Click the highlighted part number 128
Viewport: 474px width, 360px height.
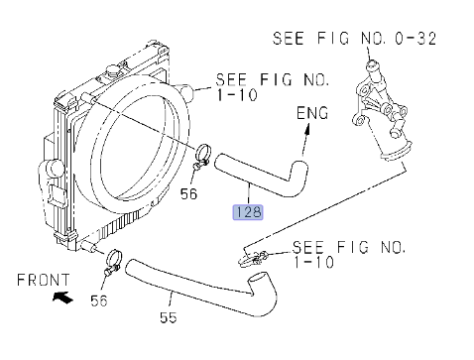pos(248,212)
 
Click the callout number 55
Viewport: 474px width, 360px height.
pos(169,317)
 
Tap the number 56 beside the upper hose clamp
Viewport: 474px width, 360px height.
pos(188,193)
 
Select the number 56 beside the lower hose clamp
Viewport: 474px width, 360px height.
pos(99,300)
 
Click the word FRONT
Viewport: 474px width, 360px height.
pos(44,280)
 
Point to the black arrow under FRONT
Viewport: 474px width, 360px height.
pos(62,297)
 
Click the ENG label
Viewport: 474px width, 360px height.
pos(312,113)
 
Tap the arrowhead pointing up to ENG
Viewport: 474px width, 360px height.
pos(307,129)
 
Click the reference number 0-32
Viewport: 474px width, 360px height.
pos(415,39)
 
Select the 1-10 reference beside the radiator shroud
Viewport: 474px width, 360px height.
pos(237,95)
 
